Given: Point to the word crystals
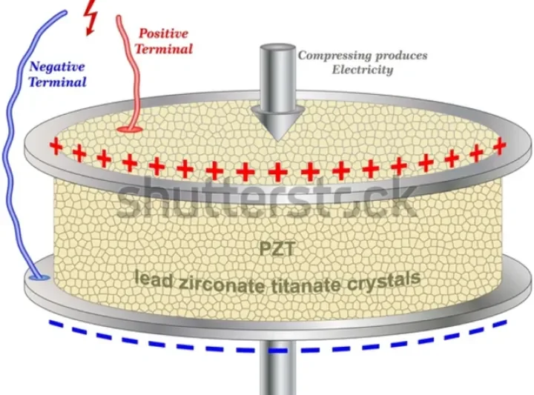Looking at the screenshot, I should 391,279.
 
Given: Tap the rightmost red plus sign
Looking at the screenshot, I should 500,145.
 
